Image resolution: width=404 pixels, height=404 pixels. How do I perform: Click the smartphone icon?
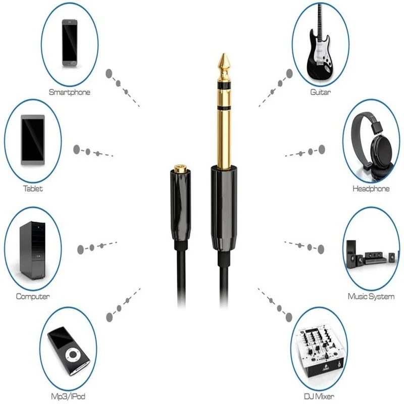[x=70, y=43]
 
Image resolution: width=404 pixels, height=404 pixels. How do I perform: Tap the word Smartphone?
[x=70, y=92]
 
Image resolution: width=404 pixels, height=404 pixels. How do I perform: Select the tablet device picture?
[x=33, y=140]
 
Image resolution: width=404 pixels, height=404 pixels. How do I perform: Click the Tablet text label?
[x=33, y=188]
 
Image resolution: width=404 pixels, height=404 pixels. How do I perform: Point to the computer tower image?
[x=32, y=250]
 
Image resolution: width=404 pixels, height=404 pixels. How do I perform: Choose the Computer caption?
[x=33, y=296]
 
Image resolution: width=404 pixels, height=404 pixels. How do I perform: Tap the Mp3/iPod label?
[x=68, y=396]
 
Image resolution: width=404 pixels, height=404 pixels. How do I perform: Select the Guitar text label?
[x=321, y=92]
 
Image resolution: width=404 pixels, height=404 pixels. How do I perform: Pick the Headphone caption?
[x=371, y=188]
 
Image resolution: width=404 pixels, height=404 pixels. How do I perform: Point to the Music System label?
[x=371, y=296]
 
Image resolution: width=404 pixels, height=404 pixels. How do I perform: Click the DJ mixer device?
[x=320, y=353]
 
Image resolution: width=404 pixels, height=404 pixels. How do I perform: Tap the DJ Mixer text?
[x=319, y=396]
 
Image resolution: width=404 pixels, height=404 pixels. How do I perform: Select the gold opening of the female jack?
[x=180, y=169]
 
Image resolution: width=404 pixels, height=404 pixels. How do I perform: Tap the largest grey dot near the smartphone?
[x=109, y=74]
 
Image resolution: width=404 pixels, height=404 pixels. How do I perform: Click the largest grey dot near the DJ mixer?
[x=288, y=317]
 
